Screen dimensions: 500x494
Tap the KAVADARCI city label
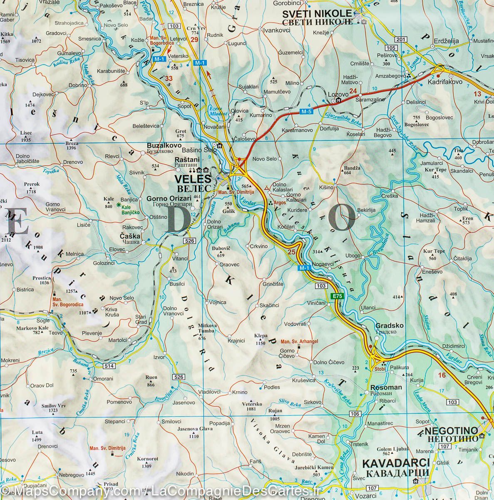coord(395,463)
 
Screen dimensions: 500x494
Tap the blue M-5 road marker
coord(306,111)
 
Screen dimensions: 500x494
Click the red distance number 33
coord(168,78)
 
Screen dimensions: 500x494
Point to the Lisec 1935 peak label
coord(25,136)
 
